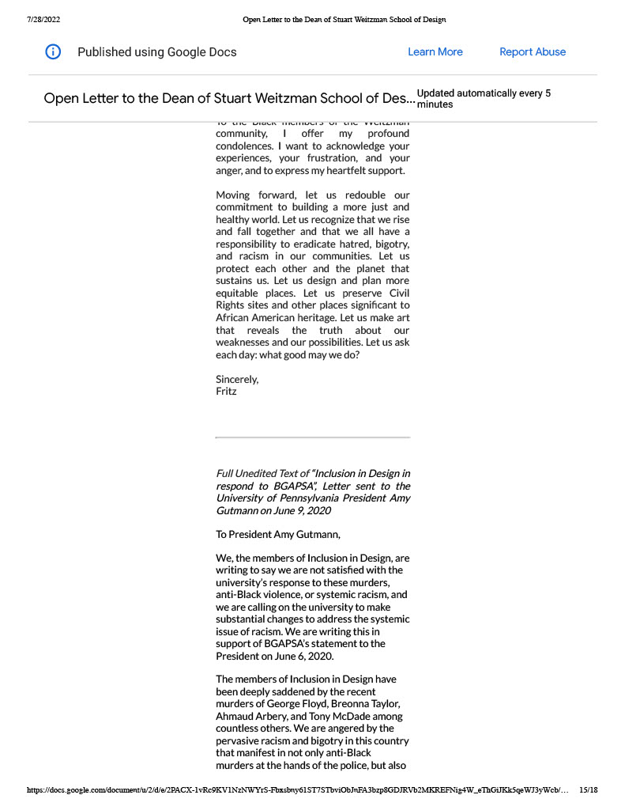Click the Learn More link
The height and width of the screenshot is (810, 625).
[x=435, y=52]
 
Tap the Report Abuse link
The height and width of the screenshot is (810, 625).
[x=533, y=52]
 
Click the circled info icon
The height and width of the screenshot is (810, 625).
[x=53, y=52]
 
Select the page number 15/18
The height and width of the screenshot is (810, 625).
[x=588, y=789]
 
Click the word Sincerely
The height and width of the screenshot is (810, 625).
[x=236, y=379]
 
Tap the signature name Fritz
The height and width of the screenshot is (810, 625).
[x=226, y=391]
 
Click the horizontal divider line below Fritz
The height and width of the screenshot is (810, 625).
[x=312, y=437]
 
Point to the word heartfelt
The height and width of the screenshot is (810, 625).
[x=346, y=170]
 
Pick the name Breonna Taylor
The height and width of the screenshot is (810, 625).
[x=367, y=704]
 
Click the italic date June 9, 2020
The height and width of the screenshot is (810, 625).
[x=297, y=511]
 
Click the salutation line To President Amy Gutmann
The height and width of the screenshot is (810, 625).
[x=278, y=535]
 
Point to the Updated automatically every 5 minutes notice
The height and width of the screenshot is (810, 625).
[x=484, y=99]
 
